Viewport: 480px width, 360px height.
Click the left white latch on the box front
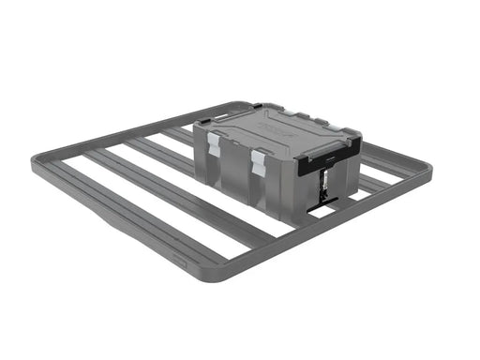(216, 142)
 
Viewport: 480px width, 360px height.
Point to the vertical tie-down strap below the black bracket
(323, 184)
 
